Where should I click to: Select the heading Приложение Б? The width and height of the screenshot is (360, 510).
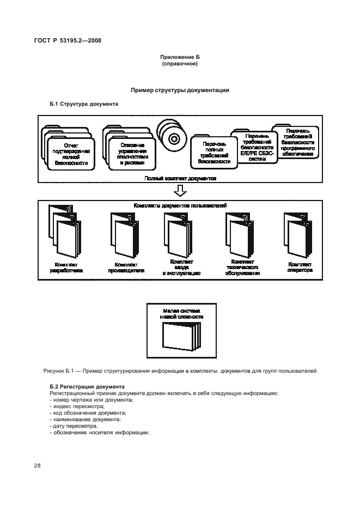coord(179,57)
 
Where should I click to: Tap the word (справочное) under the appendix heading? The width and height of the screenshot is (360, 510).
coord(179,64)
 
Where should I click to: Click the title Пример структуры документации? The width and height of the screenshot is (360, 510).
coord(180,90)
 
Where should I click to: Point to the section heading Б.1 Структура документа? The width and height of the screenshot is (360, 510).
coord(84,103)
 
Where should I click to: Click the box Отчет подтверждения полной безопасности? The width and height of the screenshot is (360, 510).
coord(71,153)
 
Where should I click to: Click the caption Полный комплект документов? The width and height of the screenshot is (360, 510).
coord(180,178)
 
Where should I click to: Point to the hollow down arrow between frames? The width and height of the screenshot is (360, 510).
coord(179,191)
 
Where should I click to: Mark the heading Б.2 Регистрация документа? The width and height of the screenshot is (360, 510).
coord(80,387)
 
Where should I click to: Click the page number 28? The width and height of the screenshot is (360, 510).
coord(38,466)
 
